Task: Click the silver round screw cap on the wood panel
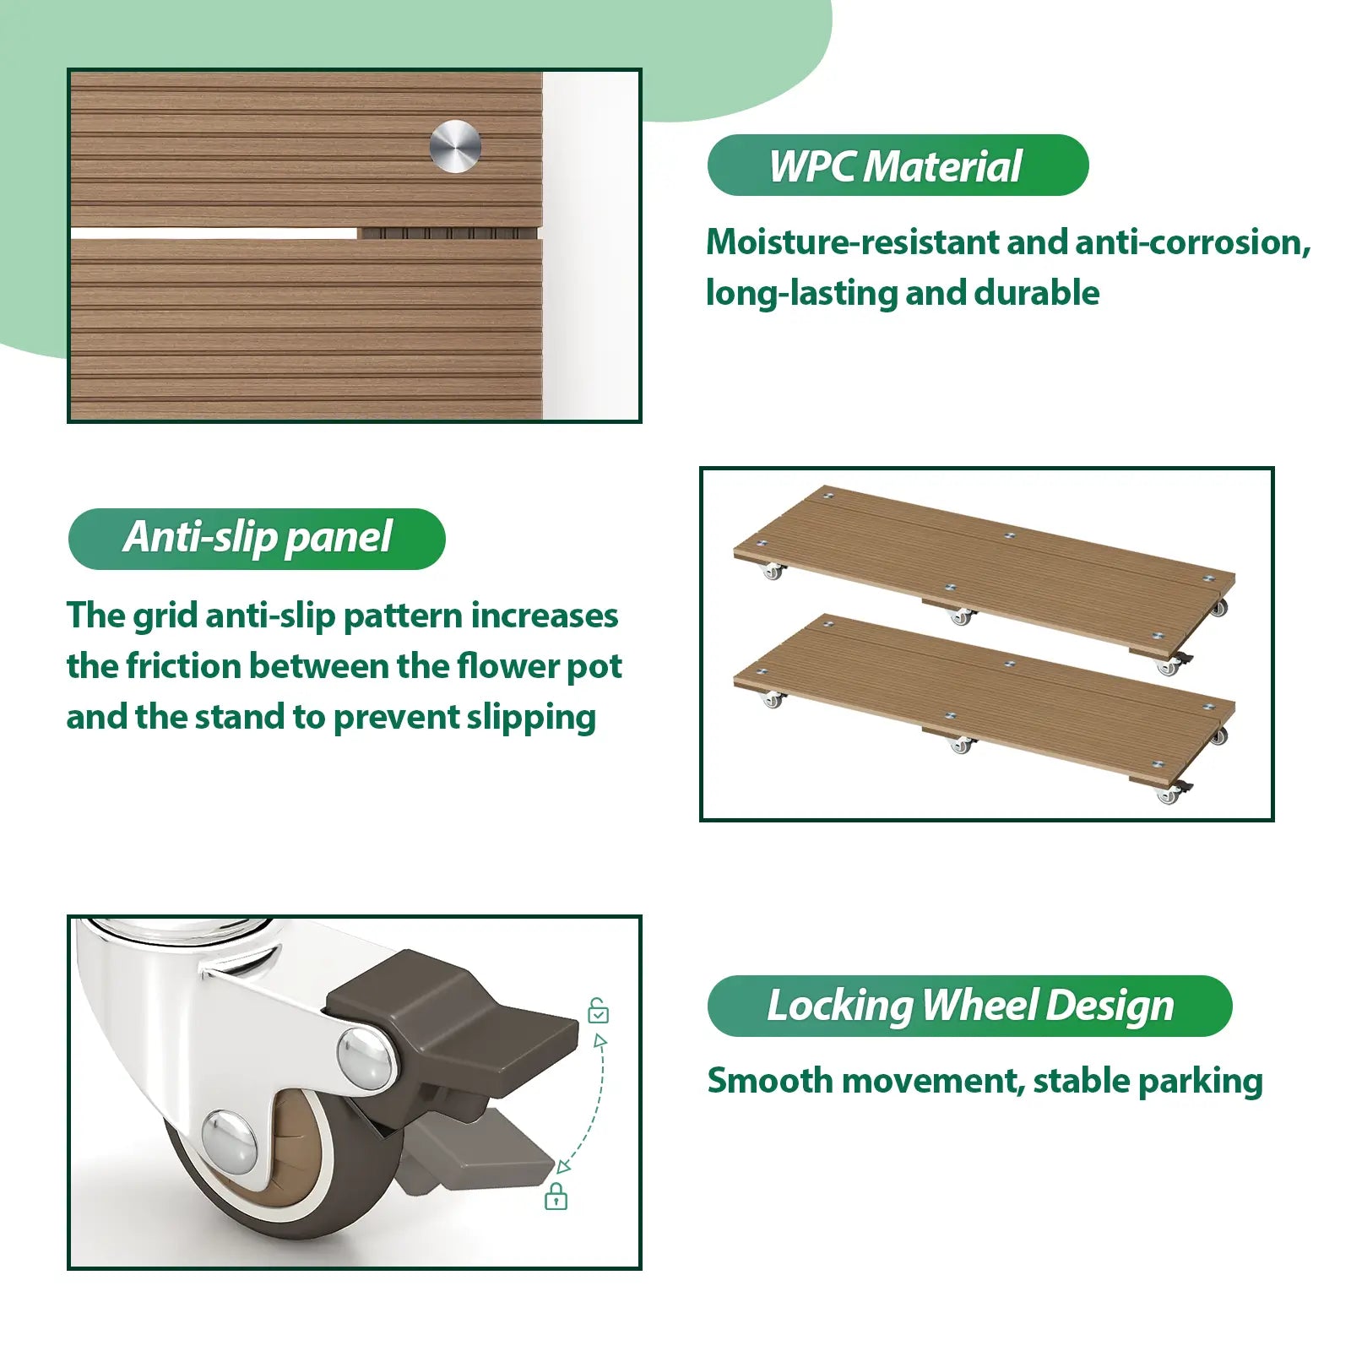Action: pos(455,147)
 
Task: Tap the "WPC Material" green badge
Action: pos(898,165)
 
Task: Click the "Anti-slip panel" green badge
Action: pos(257,539)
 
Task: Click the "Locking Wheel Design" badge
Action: pos(969,1006)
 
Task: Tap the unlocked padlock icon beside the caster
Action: pos(598,1010)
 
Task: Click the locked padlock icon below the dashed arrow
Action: pos(556,1196)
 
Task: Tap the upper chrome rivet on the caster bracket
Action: pos(365,1057)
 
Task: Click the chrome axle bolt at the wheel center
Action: pos(230,1142)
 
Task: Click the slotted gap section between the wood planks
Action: pos(448,233)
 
